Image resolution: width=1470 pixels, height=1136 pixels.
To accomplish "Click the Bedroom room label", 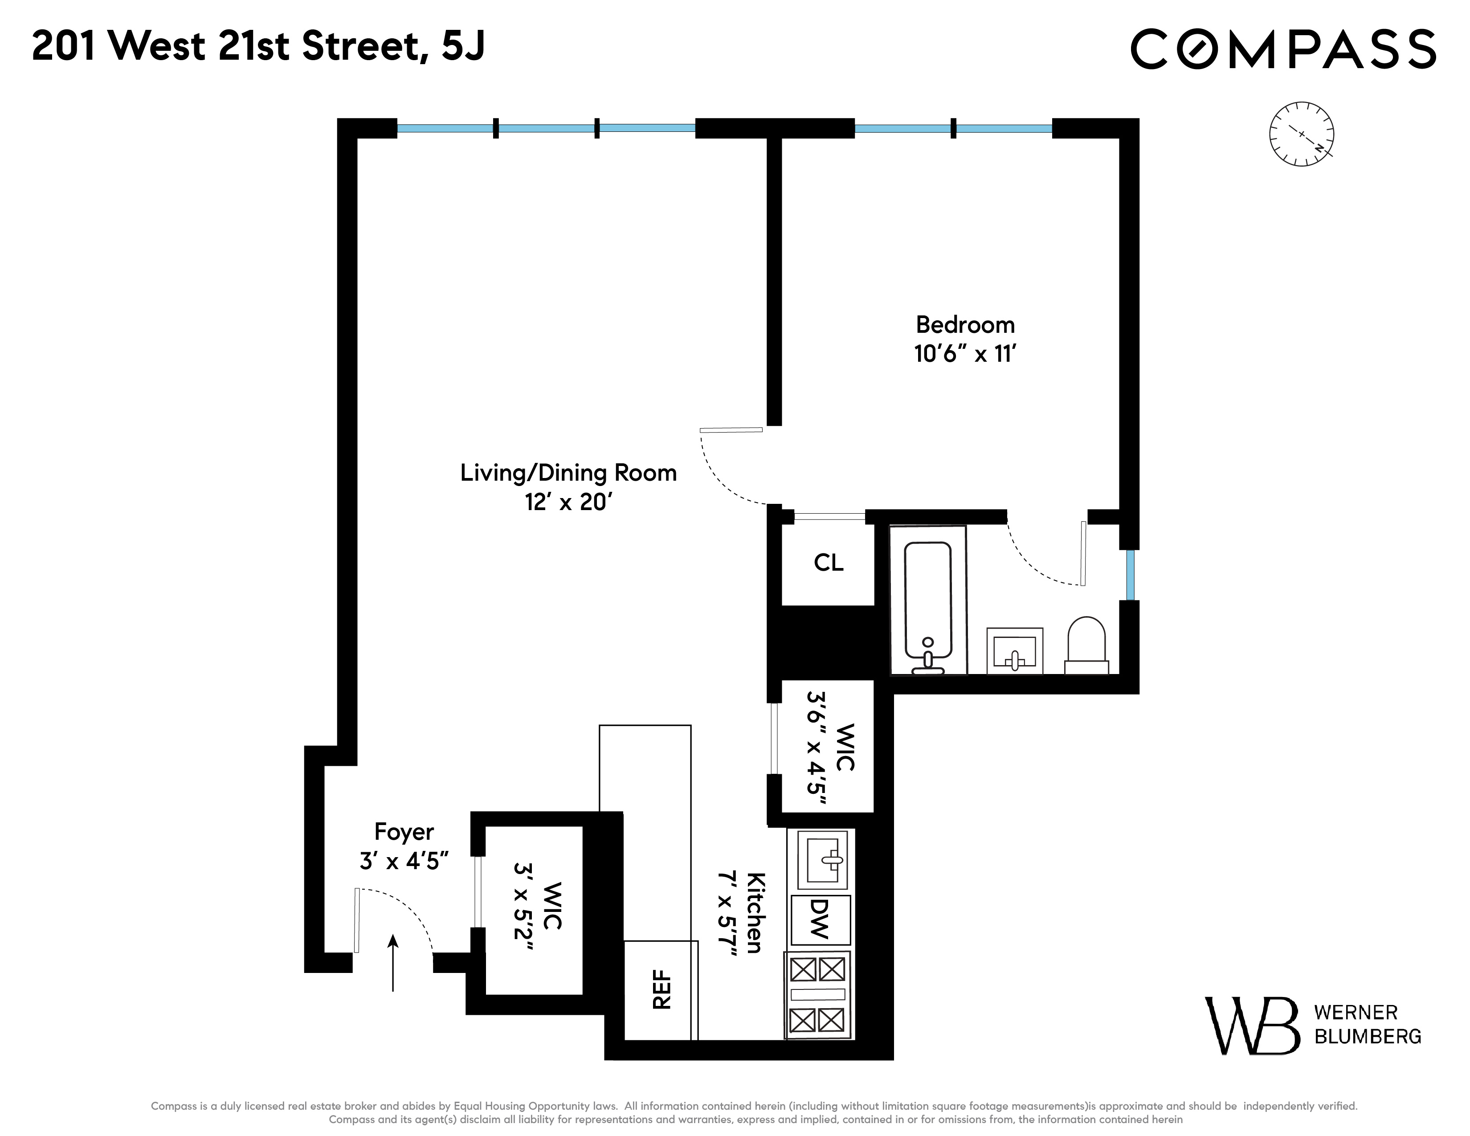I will (x=964, y=325).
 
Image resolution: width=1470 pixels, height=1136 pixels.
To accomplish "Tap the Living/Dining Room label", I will (x=568, y=473).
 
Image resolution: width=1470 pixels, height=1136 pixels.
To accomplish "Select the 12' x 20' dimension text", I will (x=568, y=502).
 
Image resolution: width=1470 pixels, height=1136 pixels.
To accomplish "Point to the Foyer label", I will (x=404, y=832).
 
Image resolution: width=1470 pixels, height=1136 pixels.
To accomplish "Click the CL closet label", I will (x=828, y=563).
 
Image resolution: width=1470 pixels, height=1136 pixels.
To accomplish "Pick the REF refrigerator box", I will (x=661, y=989).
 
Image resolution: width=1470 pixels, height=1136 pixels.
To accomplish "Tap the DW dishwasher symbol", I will (x=820, y=919).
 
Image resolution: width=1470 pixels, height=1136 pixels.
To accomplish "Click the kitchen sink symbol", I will (x=822, y=859).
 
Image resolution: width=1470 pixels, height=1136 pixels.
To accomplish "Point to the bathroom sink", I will (x=1014, y=651).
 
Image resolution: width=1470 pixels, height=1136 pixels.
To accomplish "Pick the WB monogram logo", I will (x=1251, y=1026).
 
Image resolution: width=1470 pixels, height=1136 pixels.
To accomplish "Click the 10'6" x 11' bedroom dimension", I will (x=964, y=354).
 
